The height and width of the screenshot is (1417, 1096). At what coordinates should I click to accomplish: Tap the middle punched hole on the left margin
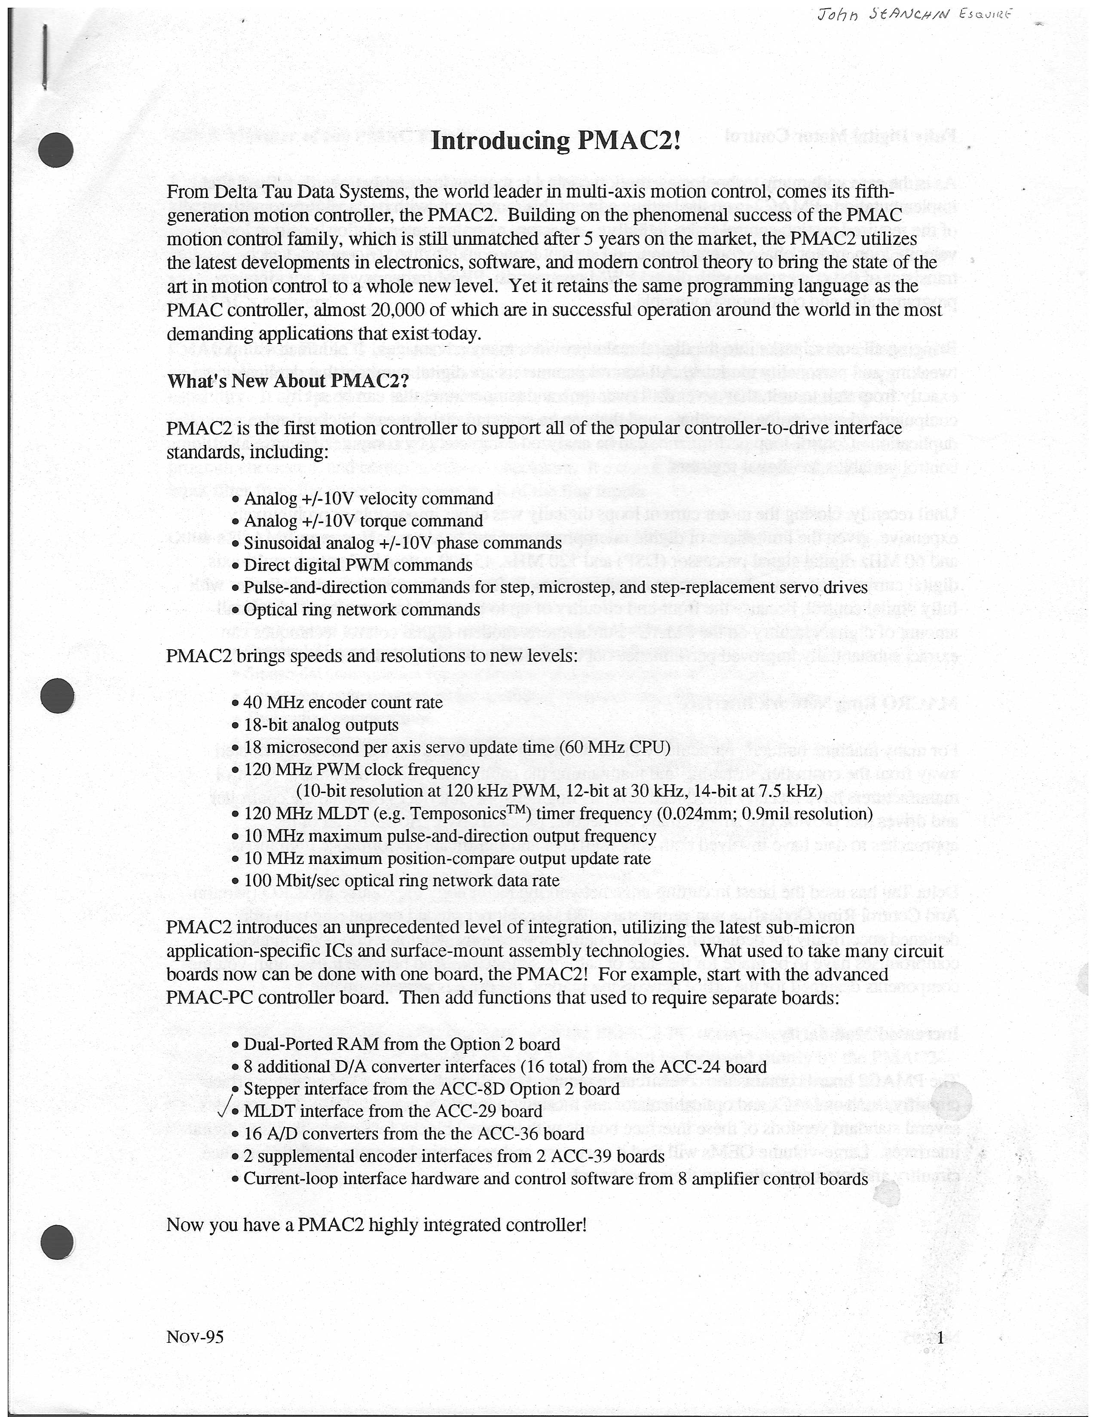(x=57, y=697)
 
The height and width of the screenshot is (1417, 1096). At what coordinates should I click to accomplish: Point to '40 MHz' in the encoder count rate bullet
(x=270, y=702)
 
